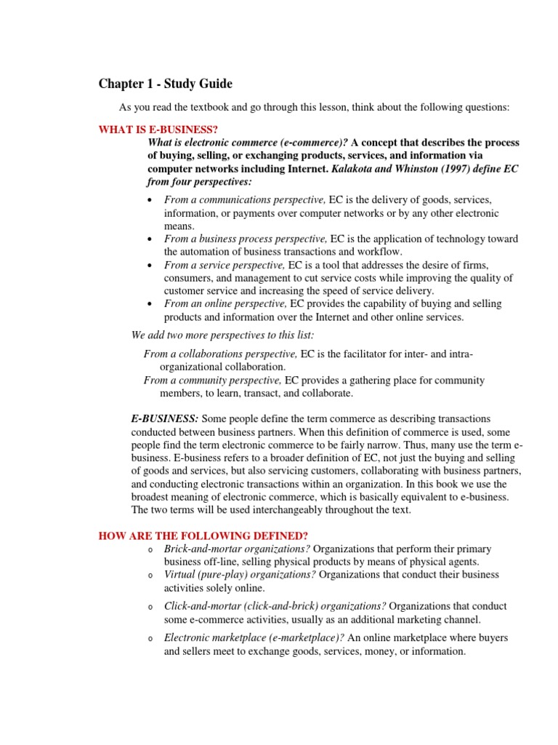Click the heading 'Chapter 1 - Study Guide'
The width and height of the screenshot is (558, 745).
point(166,84)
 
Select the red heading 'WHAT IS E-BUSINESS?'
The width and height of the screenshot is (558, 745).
point(158,130)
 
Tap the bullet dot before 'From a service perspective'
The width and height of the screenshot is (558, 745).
point(149,266)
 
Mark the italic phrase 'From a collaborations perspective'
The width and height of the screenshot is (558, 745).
point(221,354)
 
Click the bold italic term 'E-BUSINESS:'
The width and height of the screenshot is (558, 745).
point(164,418)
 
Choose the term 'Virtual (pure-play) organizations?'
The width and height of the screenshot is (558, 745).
point(240,575)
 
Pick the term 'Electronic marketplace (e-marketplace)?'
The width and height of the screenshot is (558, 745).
point(254,638)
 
